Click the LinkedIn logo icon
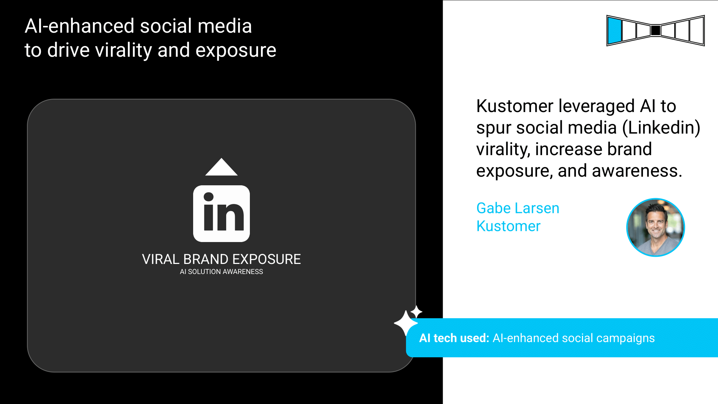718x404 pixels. (x=222, y=214)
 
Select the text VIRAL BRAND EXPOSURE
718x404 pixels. (x=222, y=259)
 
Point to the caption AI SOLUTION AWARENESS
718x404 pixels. (x=222, y=272)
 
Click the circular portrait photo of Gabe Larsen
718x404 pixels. (x=656, y=227)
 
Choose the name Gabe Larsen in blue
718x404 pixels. (x=518, y=208)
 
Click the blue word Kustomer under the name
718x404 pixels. (x=508, y=226)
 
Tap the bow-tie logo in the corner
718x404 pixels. (x=656, y=31)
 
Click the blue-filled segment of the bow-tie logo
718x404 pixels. (x=615, y=31)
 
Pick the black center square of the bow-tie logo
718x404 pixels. (x=656, y=31)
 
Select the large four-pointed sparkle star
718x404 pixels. (x=406, y=323)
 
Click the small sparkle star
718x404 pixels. (x=416, y=311)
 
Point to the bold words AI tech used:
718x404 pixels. (x=454, y=338)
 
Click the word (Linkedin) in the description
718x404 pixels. (x=661, y=128)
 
